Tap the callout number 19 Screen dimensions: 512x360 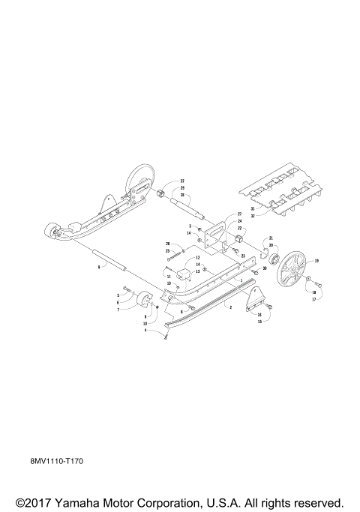tap(316, 261)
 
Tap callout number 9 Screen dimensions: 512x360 tap(97, 266)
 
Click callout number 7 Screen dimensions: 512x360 tap(118, 309)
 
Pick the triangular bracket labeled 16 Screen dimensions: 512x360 tap(258, 298)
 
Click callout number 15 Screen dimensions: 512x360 tap(259, 322)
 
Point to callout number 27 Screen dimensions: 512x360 tap(229, 214)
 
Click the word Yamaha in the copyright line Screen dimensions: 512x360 tap(80, 502)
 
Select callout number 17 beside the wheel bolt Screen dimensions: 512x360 tap(313, 300)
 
